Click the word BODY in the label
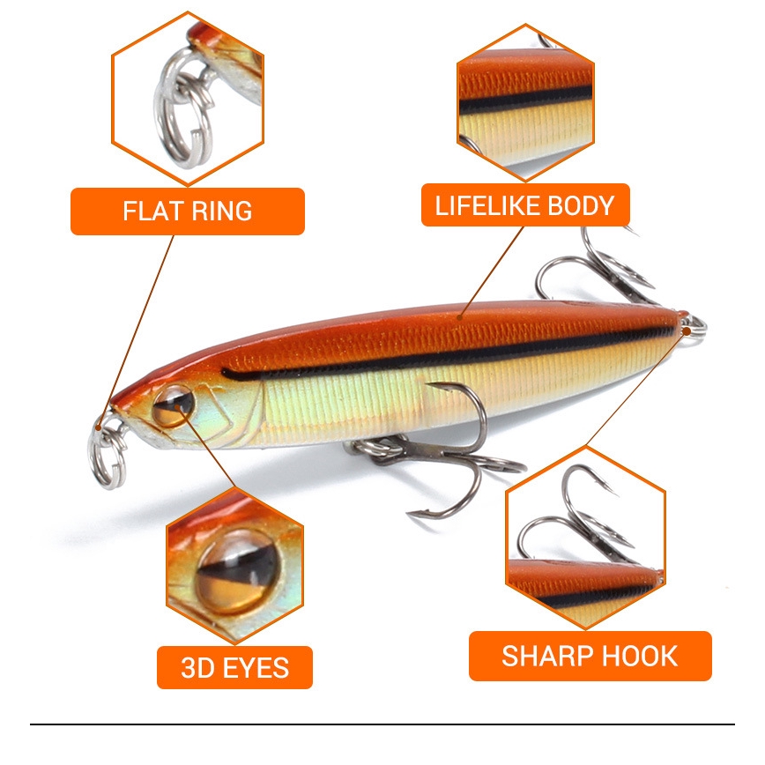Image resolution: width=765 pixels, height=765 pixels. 580,206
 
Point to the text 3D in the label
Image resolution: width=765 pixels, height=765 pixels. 197,667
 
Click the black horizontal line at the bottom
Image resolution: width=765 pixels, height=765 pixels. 382,724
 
